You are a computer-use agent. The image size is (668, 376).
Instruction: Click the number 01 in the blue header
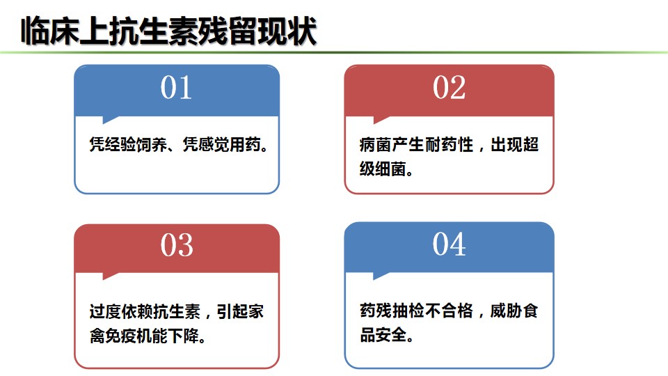tap(176, 88)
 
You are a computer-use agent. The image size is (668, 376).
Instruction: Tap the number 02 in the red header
tap(449, 88)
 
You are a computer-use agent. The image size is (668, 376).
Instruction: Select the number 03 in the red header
tap(177, 245)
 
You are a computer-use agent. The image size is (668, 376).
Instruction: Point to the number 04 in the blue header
tap(449, 244)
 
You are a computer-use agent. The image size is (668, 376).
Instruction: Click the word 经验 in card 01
tap(120, 145)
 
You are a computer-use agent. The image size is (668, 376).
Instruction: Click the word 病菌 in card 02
tap(375, 145)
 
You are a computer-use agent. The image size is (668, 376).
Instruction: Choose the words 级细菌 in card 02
tap(383, 169)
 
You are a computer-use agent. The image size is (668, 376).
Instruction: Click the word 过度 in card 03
tap(105, 312)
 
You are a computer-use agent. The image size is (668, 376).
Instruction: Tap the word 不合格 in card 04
tap(449, 311)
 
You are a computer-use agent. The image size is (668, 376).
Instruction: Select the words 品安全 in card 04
tap(383, 335)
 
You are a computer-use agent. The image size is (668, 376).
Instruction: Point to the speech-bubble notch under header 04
tap(381, 276)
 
